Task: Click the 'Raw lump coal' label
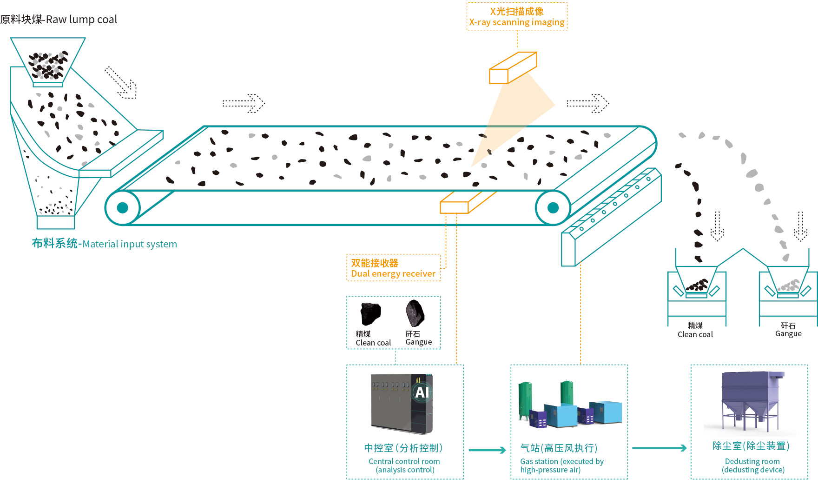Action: pos(59,20)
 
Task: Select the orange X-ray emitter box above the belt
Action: pos(513,68)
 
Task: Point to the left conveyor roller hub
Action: pos(123,208)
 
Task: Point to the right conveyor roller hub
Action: pos(553,208)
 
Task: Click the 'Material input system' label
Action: pos(105,244)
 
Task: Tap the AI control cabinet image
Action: pos(402,404)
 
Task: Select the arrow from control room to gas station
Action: pos(487,450)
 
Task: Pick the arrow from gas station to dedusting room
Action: pos(659,448)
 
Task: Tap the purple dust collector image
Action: pos(751,400)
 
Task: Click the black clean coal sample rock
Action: pos(370,313)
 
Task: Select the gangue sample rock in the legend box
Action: pos(415,312)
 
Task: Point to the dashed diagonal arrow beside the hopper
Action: pos(121,83)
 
